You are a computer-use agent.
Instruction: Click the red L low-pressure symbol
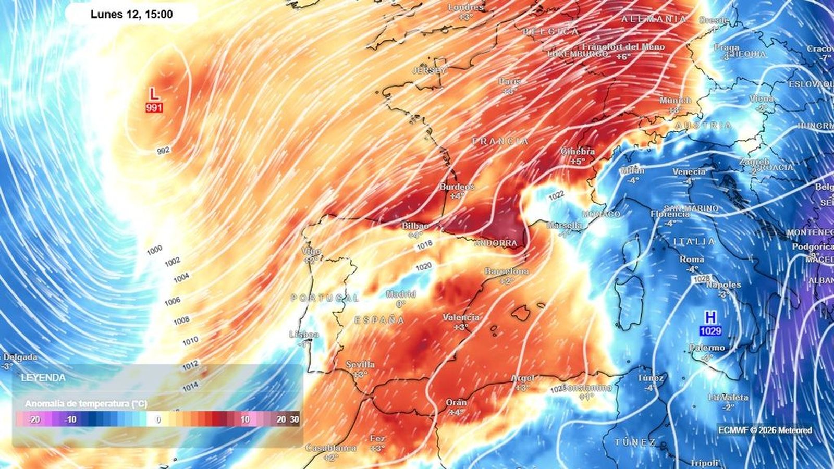(153, 94)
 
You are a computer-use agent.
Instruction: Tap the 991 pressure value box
(154, 108)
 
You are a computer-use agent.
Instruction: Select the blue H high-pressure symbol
(710, 317)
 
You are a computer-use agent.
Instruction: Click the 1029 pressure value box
(710, 331)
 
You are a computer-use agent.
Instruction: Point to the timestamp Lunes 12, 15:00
(131, 14)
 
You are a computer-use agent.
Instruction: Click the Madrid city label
(401, 294)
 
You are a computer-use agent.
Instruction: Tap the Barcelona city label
(506, 271)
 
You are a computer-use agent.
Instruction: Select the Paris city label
(509, 81)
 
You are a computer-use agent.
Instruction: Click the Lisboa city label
(304, 335)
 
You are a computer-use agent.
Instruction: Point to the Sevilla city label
(360, 365)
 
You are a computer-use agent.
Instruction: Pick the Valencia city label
(461, 317)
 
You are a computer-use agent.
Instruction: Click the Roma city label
(692, 260)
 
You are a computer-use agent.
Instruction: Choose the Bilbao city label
(415, 226)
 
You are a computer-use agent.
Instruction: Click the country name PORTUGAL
(325, 298)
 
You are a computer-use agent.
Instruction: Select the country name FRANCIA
(500, 141)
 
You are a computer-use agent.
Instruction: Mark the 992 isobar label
(163, 151)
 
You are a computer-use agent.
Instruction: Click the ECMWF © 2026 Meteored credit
(765, 430)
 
